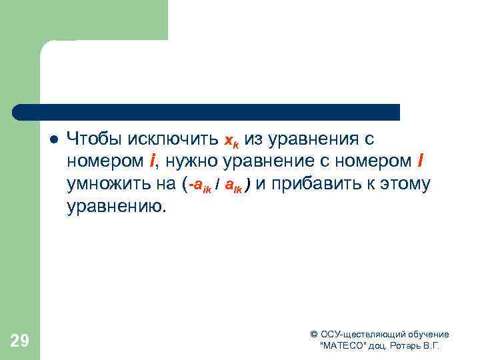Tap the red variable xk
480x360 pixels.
click(231, 141)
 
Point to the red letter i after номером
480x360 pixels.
click(153, 161)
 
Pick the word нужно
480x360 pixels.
click(195, 161)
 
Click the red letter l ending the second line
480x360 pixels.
click(419, 161)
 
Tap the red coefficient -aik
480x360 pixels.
click(201, 185)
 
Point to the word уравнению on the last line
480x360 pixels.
click(114, 206)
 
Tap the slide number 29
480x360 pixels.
click(19, 341)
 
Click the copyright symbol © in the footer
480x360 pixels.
click(314, 335)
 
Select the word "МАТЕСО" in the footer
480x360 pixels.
click(343, 347)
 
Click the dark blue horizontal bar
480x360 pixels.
click(207, 111)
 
